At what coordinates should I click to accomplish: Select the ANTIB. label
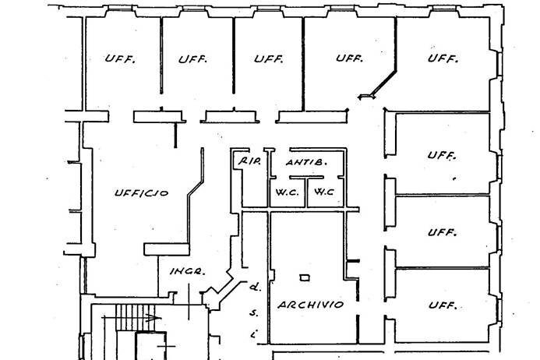click(305, 163)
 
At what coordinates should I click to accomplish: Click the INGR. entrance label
click(187, 272)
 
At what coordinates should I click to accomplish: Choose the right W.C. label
click(324, 191)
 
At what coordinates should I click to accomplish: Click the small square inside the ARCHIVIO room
click(304, 278)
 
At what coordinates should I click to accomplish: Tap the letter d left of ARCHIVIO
click(253, 287)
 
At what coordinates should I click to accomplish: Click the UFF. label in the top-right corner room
click(443, 59)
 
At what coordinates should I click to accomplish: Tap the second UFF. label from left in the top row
click(192, 59)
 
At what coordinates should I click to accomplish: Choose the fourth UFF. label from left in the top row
click(349, 59)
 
